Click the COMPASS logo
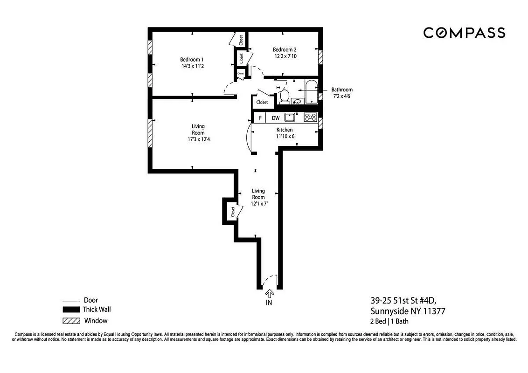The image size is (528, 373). [x=464, y=33]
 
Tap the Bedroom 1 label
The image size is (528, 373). [x=192, y=60]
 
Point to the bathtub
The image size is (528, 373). [x=311, y=91]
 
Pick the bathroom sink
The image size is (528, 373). [x=297, y=101]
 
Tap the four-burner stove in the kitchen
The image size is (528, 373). [x=310, y=117]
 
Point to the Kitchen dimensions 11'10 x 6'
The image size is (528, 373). [x=285, y=137]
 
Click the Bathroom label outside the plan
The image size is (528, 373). [x=342, y=90]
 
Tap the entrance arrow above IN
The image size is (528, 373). [x=269, y=294]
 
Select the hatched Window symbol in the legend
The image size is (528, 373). [x=70, y=321]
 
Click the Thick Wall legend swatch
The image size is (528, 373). [x=70, y=310]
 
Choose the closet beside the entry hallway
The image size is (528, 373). [x=231, y=212]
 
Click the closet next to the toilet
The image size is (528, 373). [x=262, y=102]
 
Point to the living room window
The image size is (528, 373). [x=150, y=133]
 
